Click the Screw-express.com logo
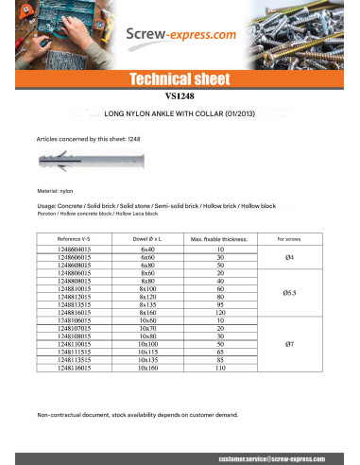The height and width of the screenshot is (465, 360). coord(180,37)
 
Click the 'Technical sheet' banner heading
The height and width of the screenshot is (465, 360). coord(180,79)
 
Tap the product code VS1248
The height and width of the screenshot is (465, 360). coord(179,95)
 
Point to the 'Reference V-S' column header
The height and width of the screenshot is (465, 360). coord(75,239)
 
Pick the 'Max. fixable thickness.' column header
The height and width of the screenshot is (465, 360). coord(219,239)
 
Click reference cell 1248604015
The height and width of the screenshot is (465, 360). coord(75,250)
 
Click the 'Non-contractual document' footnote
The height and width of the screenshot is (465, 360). coord(136,415)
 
